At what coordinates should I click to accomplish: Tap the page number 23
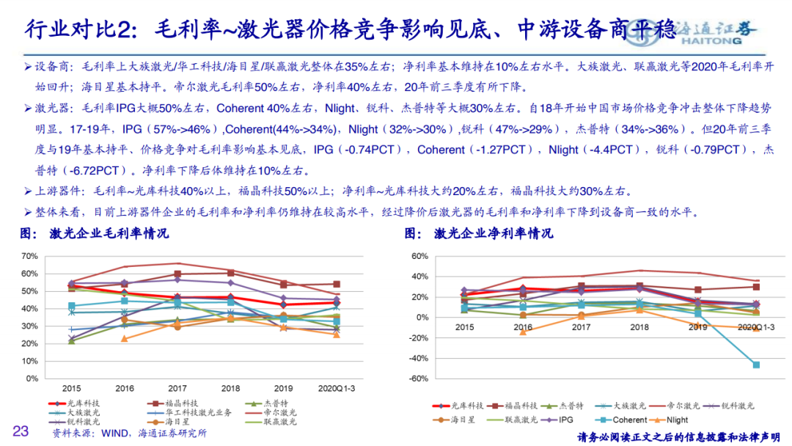(20, 431)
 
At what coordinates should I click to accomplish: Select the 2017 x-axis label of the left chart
(177, 387)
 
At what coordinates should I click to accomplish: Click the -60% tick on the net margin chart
(417, 379)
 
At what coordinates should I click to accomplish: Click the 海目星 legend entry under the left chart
(175, 422)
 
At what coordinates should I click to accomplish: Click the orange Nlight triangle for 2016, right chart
(523, 332)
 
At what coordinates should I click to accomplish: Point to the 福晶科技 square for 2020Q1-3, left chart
(337, 284)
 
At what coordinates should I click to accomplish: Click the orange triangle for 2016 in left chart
(124, 338)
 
